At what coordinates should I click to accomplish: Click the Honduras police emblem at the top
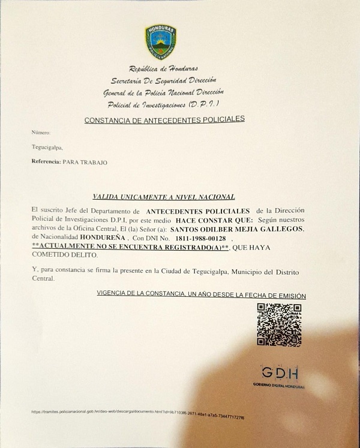(x=160, y=41)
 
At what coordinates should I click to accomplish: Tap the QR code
(x=279, y=324)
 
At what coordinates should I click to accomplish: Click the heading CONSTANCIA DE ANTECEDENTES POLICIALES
(x=164, y=120)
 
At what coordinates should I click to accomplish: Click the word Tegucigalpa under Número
(x=47, y=147)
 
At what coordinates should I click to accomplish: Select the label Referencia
(x=46, y=162)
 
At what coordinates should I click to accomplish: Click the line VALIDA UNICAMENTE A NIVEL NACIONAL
(x=163, y=196)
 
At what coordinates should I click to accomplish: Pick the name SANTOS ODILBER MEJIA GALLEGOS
(x=238, y=230)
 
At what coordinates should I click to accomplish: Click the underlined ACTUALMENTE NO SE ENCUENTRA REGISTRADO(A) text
(x=131, y=247)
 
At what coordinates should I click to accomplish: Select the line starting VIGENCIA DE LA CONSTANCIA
(x=201, y=295)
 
